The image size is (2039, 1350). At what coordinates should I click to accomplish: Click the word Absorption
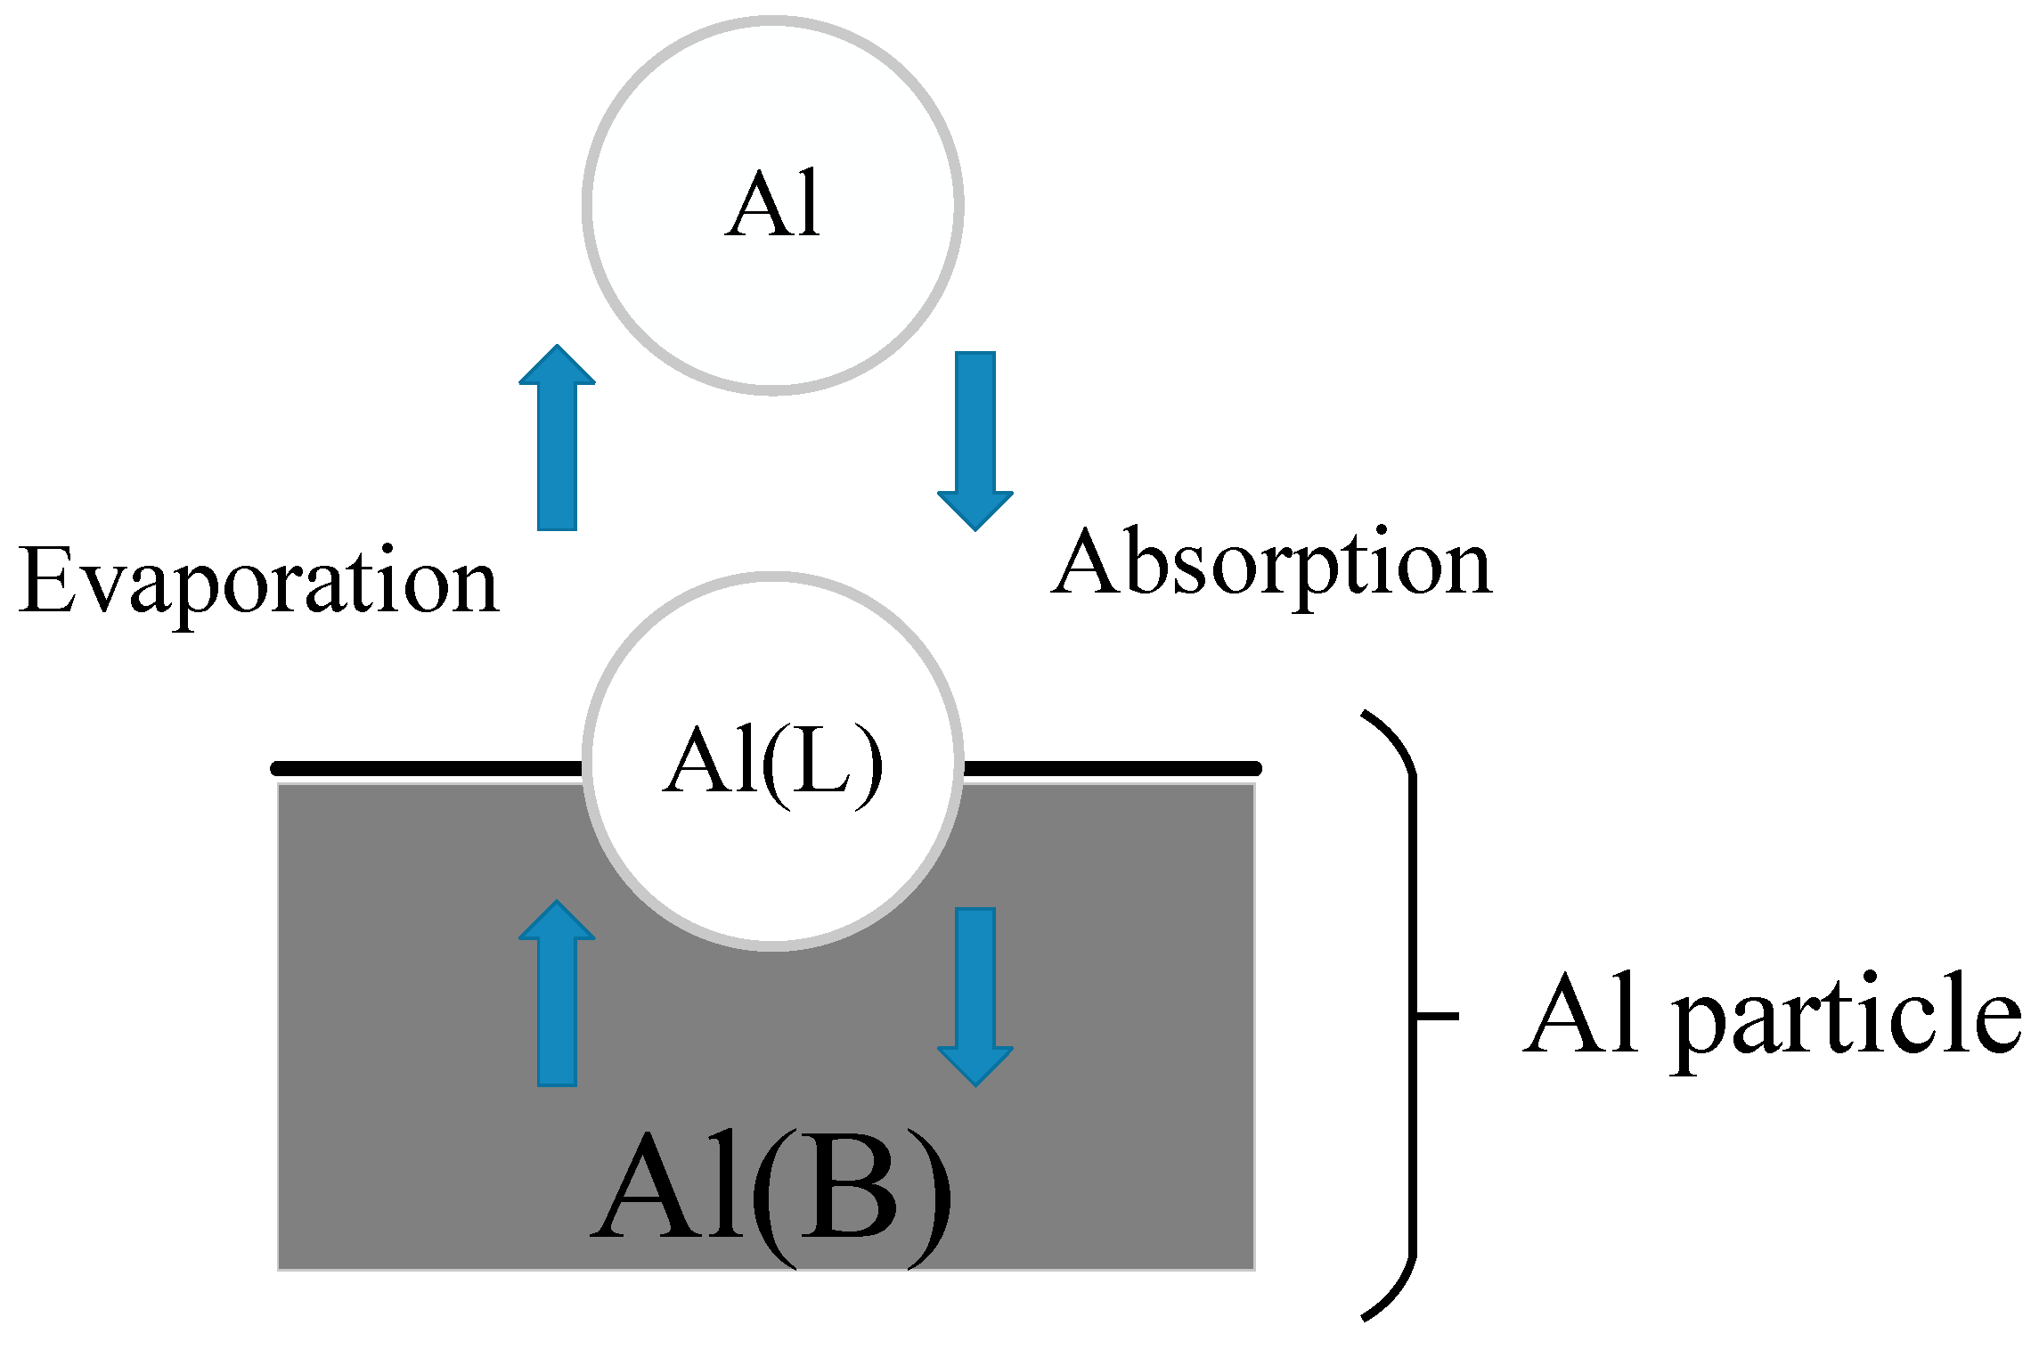(1272, 565)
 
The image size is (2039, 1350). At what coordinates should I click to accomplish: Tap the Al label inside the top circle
(773, 205)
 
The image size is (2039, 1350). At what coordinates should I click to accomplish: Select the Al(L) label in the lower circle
(773, 762)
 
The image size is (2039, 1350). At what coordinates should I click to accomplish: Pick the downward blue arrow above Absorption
(975, 440)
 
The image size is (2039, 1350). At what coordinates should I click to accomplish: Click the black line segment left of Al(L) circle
(428, 768)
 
